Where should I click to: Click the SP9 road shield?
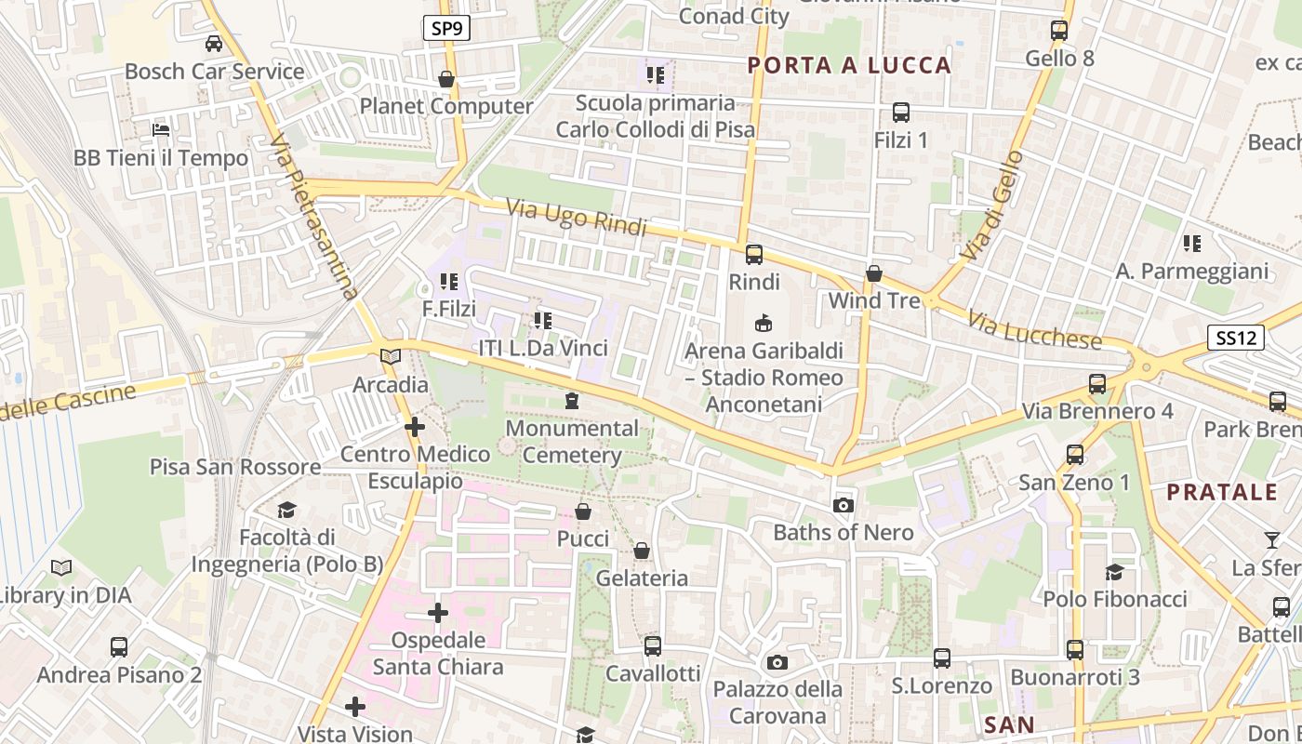click(446, 28)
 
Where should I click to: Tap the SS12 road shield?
click(1236, 338)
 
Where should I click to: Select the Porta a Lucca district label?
click(849, 65)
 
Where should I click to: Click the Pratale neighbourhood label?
click(1222, 492)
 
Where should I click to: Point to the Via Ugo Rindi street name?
click(577, 217)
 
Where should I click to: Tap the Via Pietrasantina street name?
click(312, 218)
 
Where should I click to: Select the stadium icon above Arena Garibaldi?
click(764, 324)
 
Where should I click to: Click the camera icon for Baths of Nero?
click(844, 505)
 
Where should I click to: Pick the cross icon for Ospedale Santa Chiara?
click(438, 613)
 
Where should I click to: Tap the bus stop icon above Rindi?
click(754, 254)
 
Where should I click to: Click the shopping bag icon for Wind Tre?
click(874, 273)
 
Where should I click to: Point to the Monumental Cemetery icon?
click(572, 401)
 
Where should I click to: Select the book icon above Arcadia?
click(391, 357)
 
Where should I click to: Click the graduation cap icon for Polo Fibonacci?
click(1114, 571)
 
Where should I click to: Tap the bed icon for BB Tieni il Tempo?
click(161, 130)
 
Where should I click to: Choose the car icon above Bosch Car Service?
click(214, 43)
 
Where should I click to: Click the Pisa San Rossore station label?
click(235, 467)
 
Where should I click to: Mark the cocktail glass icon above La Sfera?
click(1271, 539)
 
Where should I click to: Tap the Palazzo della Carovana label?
click(777, 702)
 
